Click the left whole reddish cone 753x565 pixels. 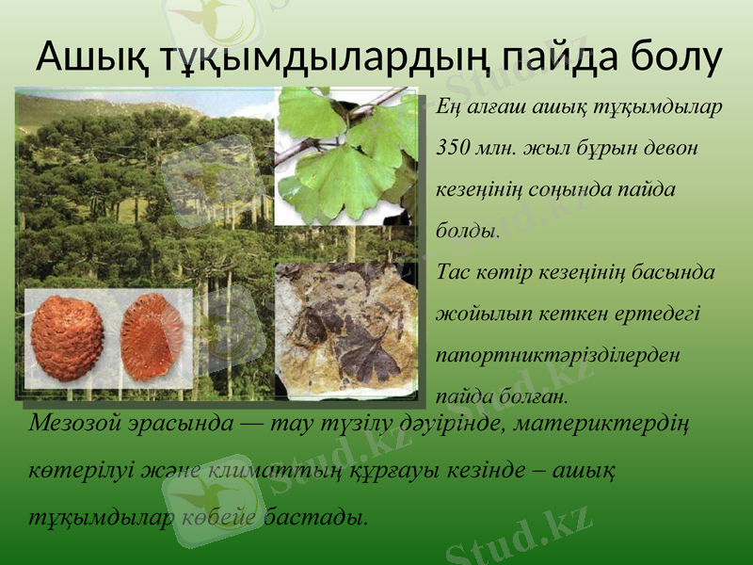tap(67, 337)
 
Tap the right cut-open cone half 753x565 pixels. tap(152, 337)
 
